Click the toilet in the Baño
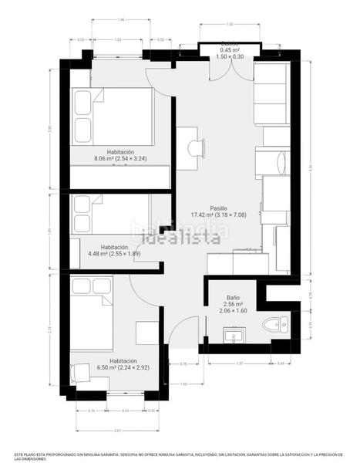point(273,325)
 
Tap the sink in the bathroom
point(232,336)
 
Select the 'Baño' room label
point(233,297)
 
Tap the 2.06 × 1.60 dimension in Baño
point(233,310)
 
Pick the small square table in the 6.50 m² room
point(146,333)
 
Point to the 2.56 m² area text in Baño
point(233,303)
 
